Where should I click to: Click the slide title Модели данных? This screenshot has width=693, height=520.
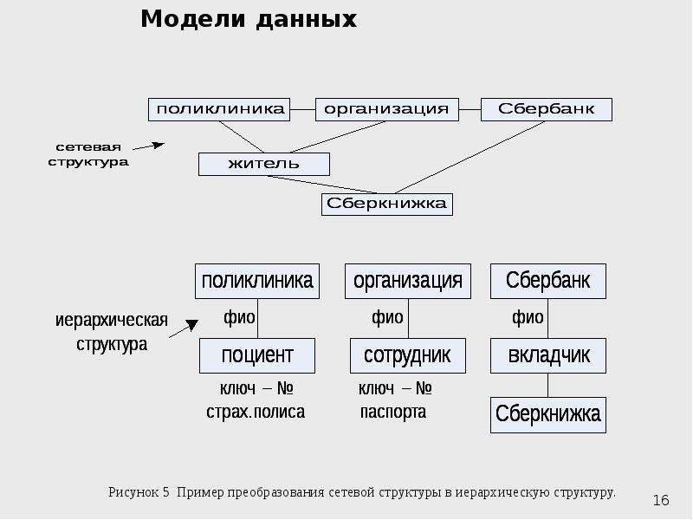pos(249,19)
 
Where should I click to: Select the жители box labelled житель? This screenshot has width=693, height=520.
pos(264,164)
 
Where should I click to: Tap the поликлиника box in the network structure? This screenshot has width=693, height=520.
pos(219,110)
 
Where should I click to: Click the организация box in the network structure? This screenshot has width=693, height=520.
pos(386,110)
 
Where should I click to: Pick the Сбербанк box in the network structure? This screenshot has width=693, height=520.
pos(547,110)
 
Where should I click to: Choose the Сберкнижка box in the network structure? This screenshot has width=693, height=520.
pos(386,205)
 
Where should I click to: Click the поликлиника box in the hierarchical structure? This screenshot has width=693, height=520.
pos(257,281)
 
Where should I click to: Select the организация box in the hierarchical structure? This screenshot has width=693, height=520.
pos(408,281)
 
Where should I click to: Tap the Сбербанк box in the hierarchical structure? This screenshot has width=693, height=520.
pos(548,281)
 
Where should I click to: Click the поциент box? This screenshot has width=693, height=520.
pos(257,356)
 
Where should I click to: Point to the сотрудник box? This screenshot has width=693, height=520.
pos(408,356)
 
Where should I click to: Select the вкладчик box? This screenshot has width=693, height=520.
pos(548,356)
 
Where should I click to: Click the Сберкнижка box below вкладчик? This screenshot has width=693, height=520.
pos(548,415)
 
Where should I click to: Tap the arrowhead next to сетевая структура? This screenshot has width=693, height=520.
pos(159,145)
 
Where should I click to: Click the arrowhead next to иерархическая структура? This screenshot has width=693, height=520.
pos(191,325)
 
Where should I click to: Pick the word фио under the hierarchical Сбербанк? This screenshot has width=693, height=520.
pos(528,317)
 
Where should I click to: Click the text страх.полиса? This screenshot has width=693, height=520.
pos(256,413)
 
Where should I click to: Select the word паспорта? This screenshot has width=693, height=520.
pos(393,413)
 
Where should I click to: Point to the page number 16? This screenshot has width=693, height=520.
pos(661,500)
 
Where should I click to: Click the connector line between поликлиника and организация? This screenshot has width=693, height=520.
pos(302,109)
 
